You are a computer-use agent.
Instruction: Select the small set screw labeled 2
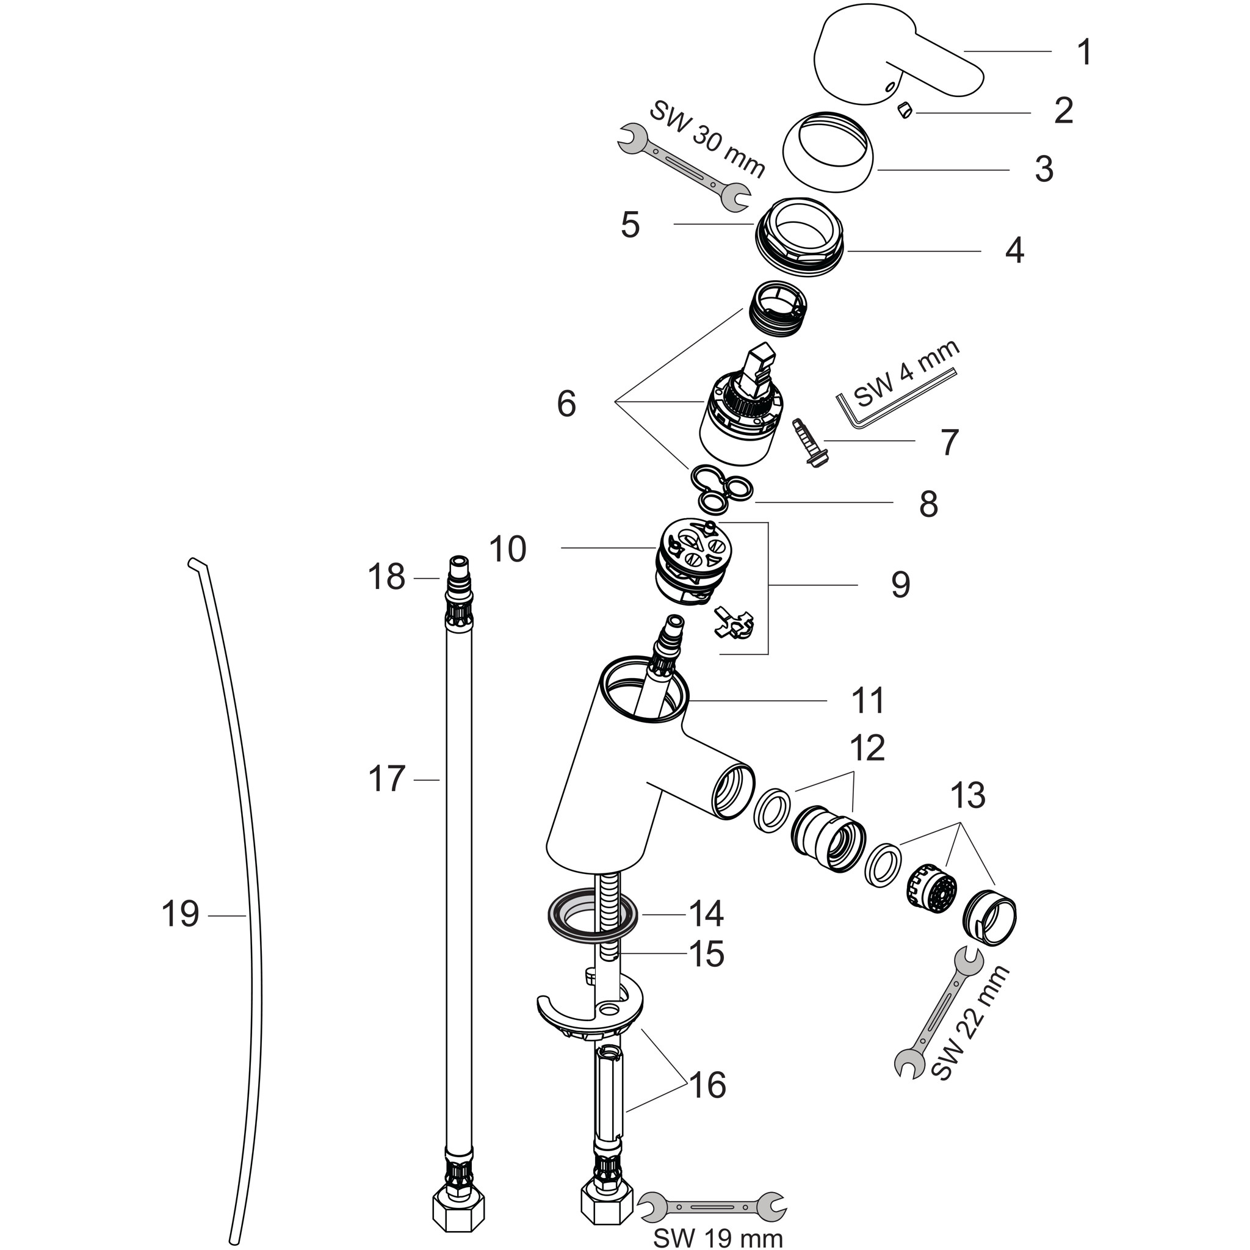click(x=905, y=111)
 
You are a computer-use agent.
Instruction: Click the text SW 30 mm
click(x=707, y=139)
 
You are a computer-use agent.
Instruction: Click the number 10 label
click(x=508, y=549)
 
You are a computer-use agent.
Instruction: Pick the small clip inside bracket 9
click(x=734, y=623)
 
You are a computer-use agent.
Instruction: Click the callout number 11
click(x=869, y=701)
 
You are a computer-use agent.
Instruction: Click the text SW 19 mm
click(x=718, y=1237)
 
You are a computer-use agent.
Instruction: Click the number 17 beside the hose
click(x=387, y=779)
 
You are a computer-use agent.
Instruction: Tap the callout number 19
click(x=180, y=915)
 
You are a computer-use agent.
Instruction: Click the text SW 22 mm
click(x=970, y=1031)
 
